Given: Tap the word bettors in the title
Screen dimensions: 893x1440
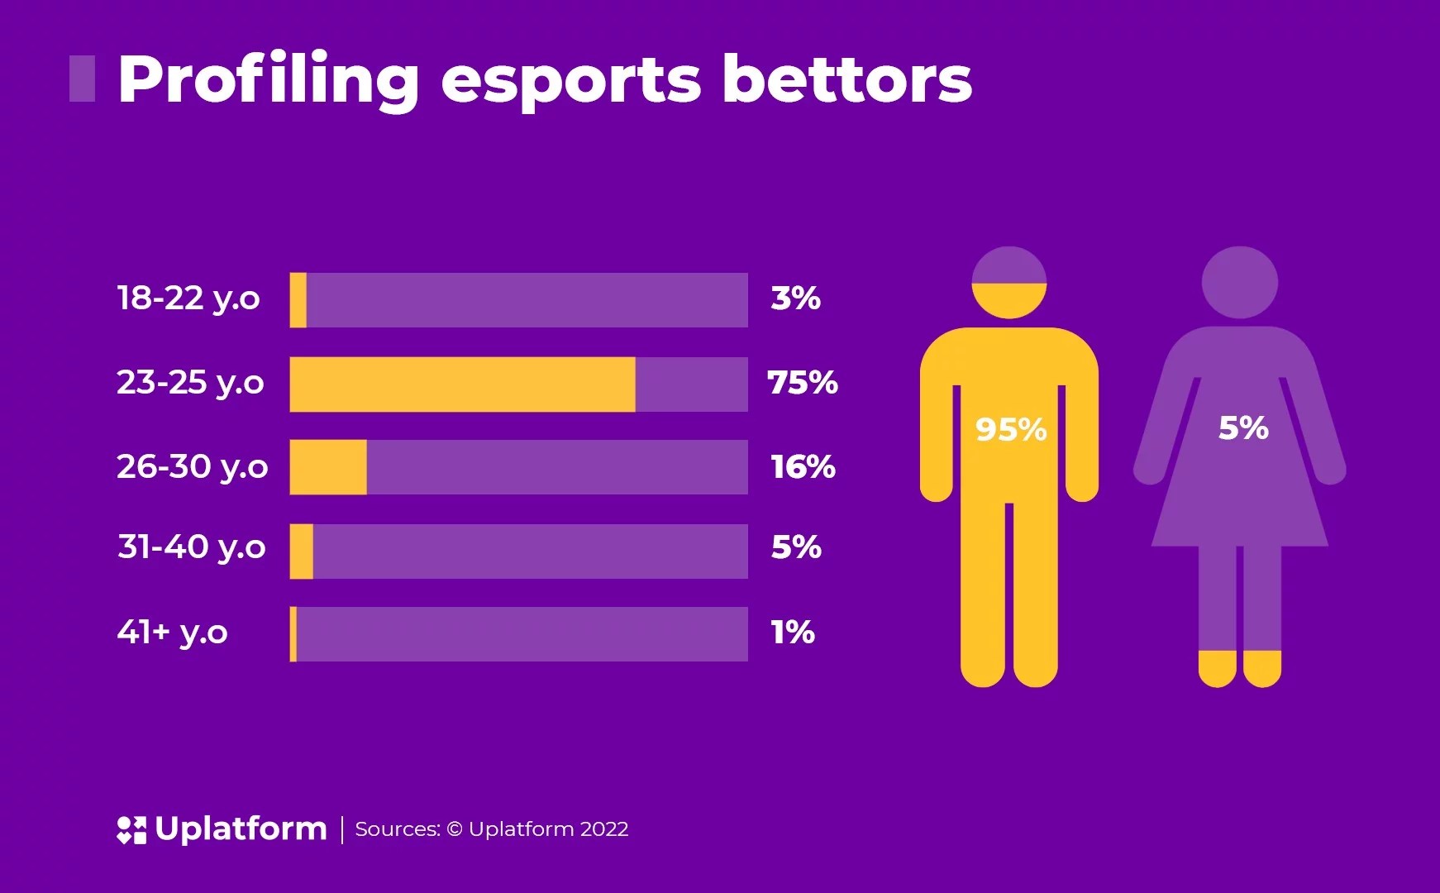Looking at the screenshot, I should (x=846, y=80).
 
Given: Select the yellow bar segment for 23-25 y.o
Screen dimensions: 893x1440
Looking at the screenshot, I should (x=462, y=384).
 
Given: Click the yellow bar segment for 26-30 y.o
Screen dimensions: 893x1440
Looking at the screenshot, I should (x=327, y=467).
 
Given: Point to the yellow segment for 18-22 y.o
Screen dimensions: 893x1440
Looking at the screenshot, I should (x=298, y=300).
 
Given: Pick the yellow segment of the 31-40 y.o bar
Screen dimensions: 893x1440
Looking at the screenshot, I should (x=302, y=552).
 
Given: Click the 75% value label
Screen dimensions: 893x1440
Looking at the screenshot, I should (x=803, y=383).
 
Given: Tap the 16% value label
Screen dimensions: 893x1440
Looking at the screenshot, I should (x=803, y=467).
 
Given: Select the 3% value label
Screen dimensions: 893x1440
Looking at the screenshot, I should (x=795, y=298).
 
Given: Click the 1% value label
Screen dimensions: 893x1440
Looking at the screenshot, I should (x=793, y=633).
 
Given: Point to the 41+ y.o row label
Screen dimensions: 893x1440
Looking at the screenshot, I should (x=172, y=633).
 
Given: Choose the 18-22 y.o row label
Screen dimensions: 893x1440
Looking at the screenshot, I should (x=188, y=298).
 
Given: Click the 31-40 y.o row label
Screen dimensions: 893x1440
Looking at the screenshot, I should (x=192, y=547).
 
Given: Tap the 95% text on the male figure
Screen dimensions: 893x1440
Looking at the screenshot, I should (x=1010, y=430).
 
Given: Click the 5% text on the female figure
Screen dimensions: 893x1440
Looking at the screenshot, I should (x=1242, y=428).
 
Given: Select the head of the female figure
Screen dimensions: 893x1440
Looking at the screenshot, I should (x=1239, y=282).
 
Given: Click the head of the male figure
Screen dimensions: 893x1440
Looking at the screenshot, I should (x=1009, y=282).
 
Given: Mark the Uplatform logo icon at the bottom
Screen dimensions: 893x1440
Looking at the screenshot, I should (x=131, y=829).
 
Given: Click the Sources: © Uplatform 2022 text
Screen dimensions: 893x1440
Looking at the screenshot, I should (x=492, y=829).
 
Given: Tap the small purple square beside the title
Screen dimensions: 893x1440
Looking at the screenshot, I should (x=82, y=79).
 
